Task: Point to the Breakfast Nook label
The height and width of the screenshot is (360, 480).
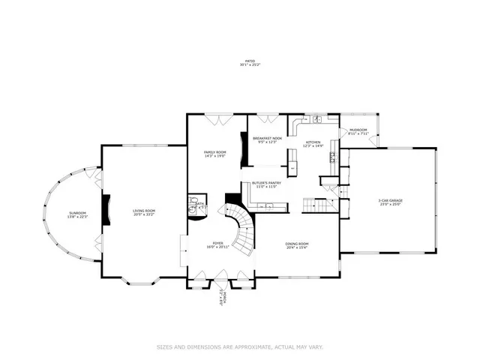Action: (267, 139)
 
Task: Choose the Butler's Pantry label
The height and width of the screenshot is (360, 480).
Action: (265, 184)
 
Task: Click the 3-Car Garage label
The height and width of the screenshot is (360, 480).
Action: (390, 201)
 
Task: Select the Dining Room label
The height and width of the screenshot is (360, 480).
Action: (298, 245)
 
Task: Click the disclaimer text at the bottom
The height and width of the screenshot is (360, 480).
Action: (239, 346)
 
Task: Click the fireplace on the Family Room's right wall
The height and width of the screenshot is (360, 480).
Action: (243, 148)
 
